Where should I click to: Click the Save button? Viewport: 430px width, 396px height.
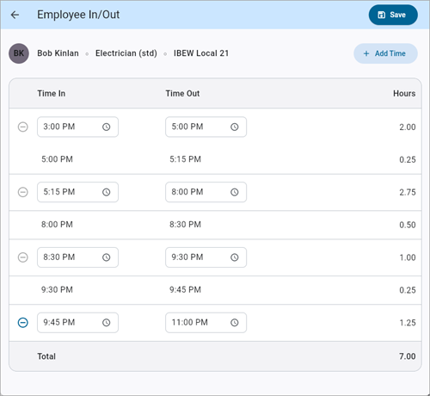pyautogui.click(x=392, y=15)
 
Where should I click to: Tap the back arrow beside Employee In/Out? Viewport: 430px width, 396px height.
pyautogui.click(x=15, y=15)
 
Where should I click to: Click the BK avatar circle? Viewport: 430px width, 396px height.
pyautogui.click(x=19, y=53)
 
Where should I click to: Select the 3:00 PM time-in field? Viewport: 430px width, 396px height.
pyautogui.click(x=69, y=127)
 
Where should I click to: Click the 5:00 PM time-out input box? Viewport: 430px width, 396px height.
pyautogui.click(x=198, y=127)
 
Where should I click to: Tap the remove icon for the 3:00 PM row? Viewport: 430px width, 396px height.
pyautogui.click(x=22, y=127)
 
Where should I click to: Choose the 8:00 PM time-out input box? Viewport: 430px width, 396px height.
pyautogui.click(x=198, y=192)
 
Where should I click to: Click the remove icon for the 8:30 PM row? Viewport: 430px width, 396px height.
pyautogui.click(x=22, y=257)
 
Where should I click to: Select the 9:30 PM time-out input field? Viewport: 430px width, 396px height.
pyautogui.click(x=198, y=257)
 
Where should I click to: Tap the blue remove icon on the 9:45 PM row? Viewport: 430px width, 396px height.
pyautogui.click(x=22, y=323)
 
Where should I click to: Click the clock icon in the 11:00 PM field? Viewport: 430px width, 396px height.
pyautogui.click(x=234, y=323)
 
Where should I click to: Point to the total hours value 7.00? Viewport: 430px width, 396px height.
pyautogui.click(x=406, y=356)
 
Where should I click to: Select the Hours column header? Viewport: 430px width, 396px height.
pyautogui.click(x=404, y=93)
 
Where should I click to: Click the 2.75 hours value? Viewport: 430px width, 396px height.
pyautogui.click(x=406, y=192)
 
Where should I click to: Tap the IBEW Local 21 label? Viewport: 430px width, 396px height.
pyautogui.click(x=206, y=53)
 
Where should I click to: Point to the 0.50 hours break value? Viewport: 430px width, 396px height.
pyautogui.click(x=406, y=225)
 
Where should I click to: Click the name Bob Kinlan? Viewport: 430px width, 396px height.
pyautogui.click(x=60, y=53)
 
